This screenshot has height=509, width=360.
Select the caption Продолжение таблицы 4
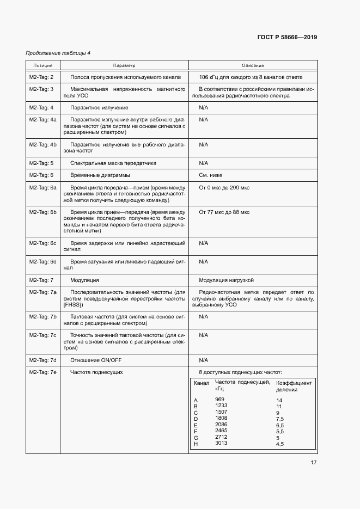[x=58, y=53]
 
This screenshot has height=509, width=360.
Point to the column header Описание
[x=253, y=65]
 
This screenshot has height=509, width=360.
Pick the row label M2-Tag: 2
[x=41, y=77]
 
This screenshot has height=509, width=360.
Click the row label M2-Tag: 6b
[x=42, y=211]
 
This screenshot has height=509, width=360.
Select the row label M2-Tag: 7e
[x=42, y=372]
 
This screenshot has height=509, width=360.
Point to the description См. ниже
[x=211, y=175]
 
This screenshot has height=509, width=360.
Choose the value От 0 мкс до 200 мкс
[x=224, y=187]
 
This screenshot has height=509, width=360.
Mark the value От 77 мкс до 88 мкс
[x=224, y=211]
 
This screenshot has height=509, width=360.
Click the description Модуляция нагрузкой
[x=227, y=280]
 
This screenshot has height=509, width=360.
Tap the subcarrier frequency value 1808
[x=221, y=418]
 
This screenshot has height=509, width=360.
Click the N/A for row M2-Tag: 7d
[x=204, y=360]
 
